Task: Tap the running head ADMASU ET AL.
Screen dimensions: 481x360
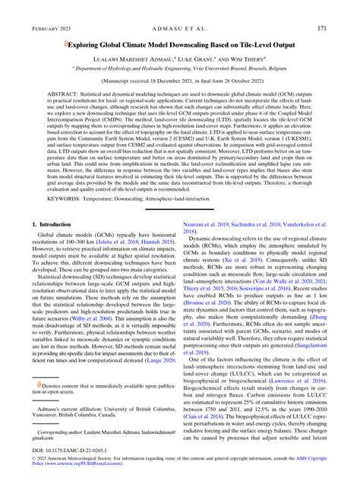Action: tap(179, 28)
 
